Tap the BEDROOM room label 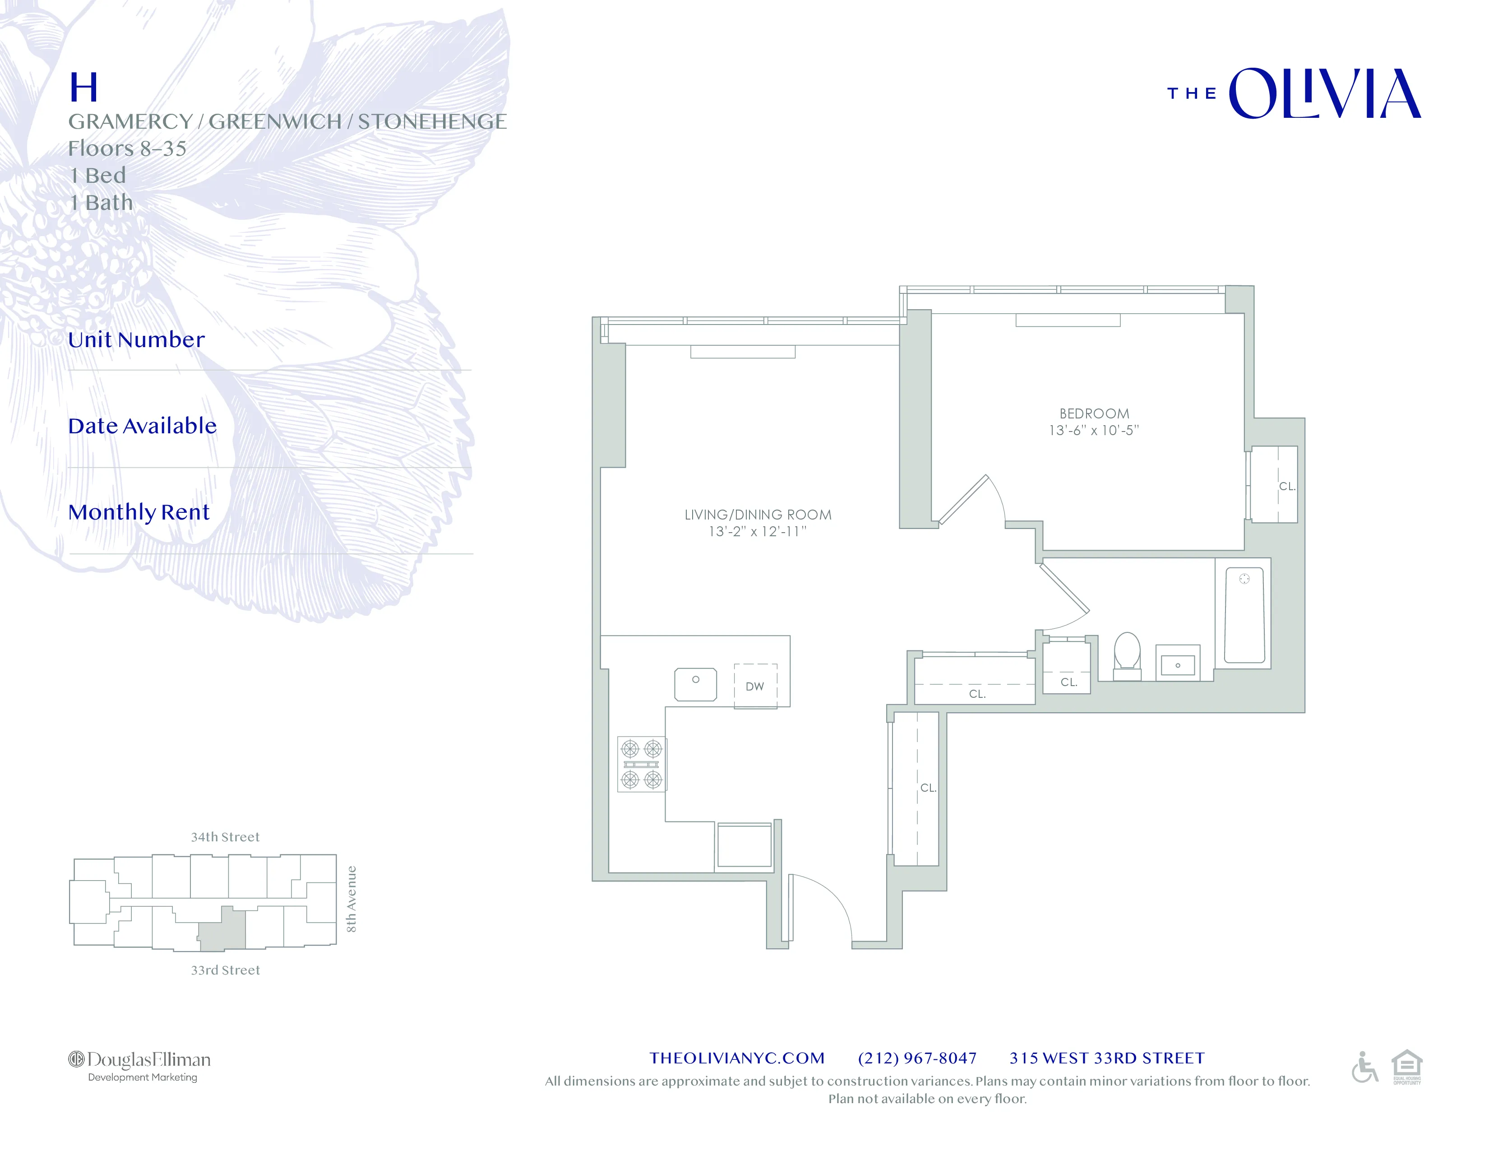1094,413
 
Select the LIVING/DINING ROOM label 758,515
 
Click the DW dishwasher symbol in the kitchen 755,686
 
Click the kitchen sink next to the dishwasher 695,684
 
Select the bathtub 1244,616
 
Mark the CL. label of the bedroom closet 1286,486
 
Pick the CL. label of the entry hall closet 928,788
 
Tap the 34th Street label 225,837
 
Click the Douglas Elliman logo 140,1065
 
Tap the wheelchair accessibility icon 1364,1067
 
